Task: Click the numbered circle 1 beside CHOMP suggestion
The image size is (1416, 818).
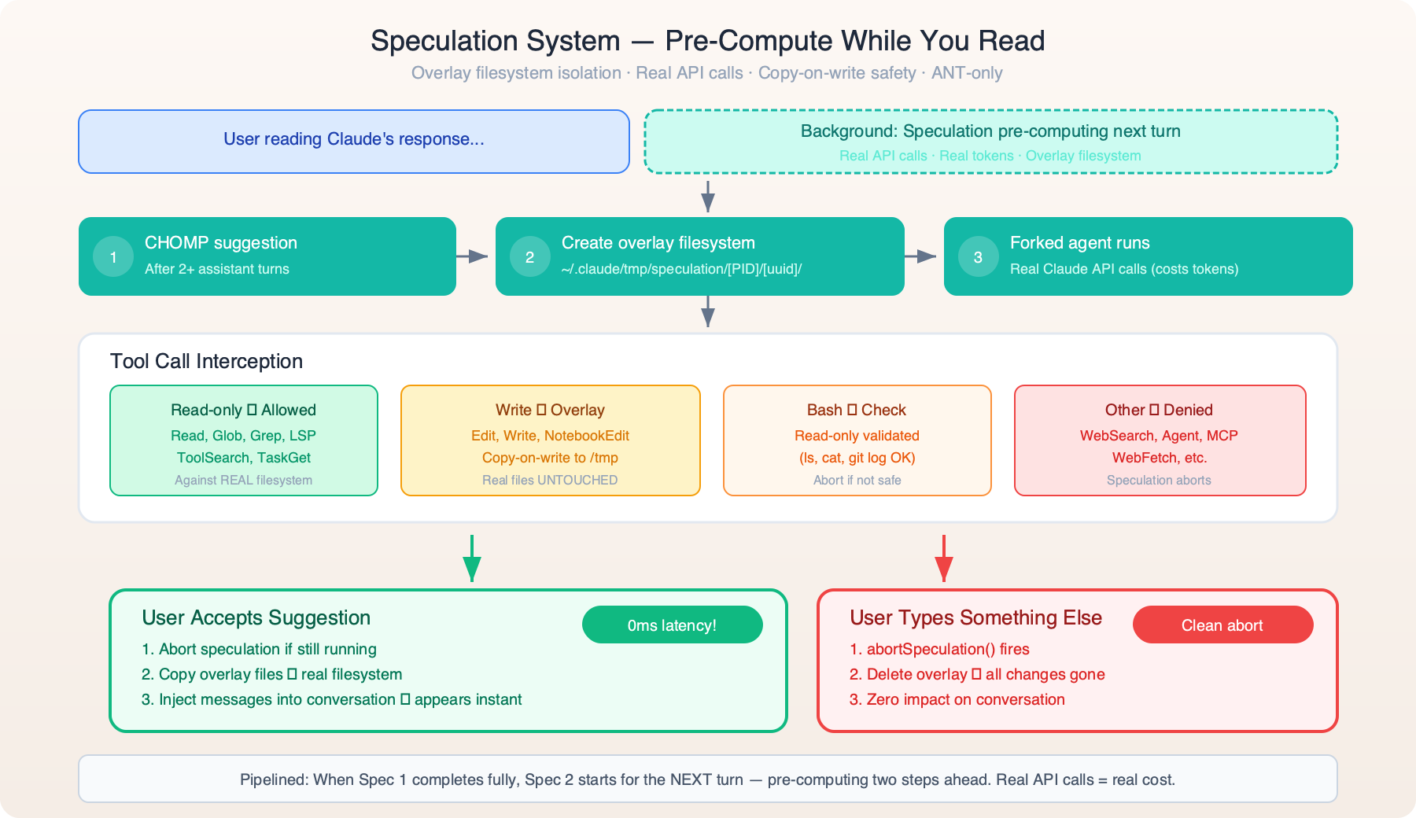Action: click(113, 257)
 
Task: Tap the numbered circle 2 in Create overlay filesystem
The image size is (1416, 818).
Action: click(530, 257)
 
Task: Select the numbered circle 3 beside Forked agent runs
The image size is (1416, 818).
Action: click(978, 257)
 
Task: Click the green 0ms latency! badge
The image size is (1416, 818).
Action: click(672, 625)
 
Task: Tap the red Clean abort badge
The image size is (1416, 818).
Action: click(1222, 625)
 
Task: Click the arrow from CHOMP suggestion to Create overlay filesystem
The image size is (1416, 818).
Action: click(474, 256)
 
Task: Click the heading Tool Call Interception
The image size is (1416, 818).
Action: click(206, 361)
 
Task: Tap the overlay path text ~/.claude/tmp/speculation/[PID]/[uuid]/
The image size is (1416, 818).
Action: click(681, 269)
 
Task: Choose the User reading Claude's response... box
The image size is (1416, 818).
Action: click(354, 142)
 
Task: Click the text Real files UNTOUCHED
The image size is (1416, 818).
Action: click(550, 480)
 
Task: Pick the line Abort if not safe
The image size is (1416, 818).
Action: click(857, 480)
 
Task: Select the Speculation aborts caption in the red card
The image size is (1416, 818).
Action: click(1159, 480)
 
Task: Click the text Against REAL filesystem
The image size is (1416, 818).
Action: click(243, 480)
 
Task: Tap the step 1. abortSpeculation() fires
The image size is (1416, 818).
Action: click(939, 649)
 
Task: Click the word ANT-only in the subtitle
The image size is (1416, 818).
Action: click(967, 73)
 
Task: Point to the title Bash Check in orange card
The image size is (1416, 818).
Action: click(856, 410)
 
